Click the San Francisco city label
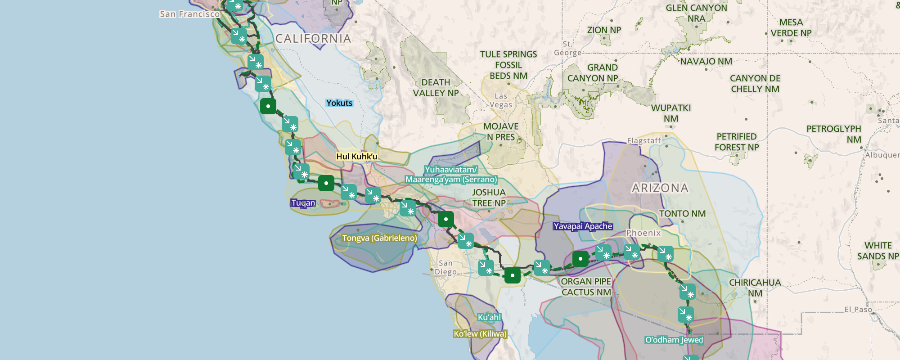pyautogui.click(x=189, y=14)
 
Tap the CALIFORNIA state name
pyautogui.click(x=313, y=39)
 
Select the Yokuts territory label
pyautogui.click(x=339, y=103)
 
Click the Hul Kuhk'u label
pyautogui.click(x=356, y=157)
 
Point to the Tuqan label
pyautogui.click(x=303, y=203)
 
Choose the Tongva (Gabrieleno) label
pyautogui.click(x=379, y=238)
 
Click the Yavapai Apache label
pyautogui.click(x=583, y=226)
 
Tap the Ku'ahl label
pyautogui.click(x=489, y=317)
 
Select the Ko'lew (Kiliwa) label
pyautogui.click(x=480, y=334)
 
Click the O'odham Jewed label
pyautogui.click(x=674, y=340)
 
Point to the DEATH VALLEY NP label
pyautogui.click(x=436, y=88)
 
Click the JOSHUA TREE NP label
pyautogui.click(x=489, y=198)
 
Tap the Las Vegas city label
pyautogui.click(x=501, y=100)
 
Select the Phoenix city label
pyautogui.click(x=643, y=233)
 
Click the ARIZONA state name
pyautogui.click(x=660, y=188)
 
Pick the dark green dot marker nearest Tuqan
pyautogui.click(x=326, y=183)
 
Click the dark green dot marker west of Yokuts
pyautogui.click(x=268, y=106)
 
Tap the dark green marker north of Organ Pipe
pyautogui.click(x=580, y=259)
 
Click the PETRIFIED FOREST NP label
pyautogui.click(x=737, y=142)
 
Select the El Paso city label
pyautogui.click(x=858, y=310)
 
